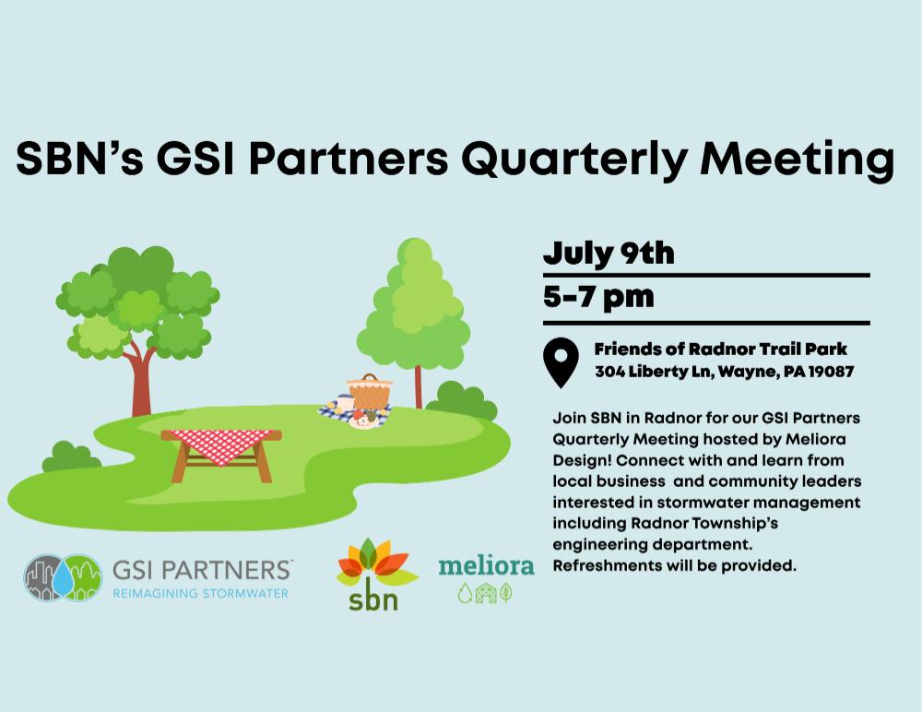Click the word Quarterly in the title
(x=573, y=160)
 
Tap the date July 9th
(x=609, y=254)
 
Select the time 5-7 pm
(x=598, y=297)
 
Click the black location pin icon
(x=561, y=362)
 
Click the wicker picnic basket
(x=370, y=391)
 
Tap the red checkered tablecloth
(x=221, y=445)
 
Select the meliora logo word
(x=486, y=565)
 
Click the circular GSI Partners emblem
(x=63, y=577)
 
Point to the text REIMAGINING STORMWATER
(x=200, y=593)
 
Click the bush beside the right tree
(x=462, y=400)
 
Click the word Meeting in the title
(x=798, y=160)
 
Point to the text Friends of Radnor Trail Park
(x=720, y=349)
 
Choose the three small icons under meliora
(x=485, y=593)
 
